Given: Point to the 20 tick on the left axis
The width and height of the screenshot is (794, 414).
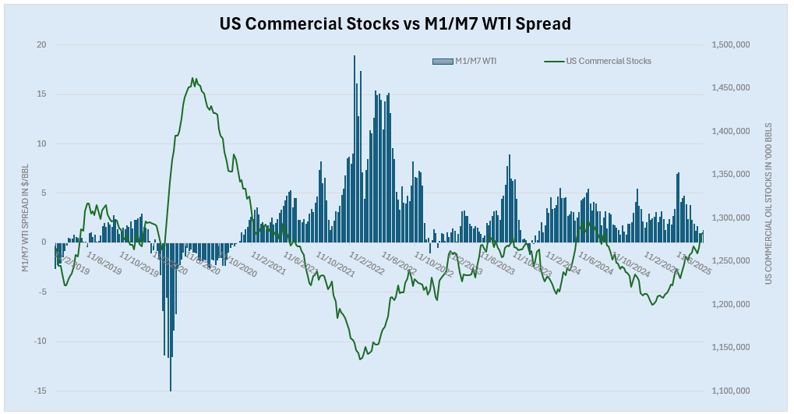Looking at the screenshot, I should tap(41, 45).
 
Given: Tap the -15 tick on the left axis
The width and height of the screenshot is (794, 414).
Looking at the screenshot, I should tap(39, 391).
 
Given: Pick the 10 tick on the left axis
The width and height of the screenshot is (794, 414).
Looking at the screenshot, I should tap(41, 143).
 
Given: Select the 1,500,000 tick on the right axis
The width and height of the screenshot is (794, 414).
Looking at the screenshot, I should tap(731, 45).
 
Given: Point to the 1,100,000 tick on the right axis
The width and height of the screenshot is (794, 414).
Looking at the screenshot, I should tap(731, 391).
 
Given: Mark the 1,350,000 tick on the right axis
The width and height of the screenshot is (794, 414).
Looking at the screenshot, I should tap(731, 175).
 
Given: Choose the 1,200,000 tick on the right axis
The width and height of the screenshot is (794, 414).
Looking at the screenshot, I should tap(731, 304).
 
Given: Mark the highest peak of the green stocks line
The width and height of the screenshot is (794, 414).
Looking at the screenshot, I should tap(192, 78).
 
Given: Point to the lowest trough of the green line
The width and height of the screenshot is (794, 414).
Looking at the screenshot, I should tap(360, 359).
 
